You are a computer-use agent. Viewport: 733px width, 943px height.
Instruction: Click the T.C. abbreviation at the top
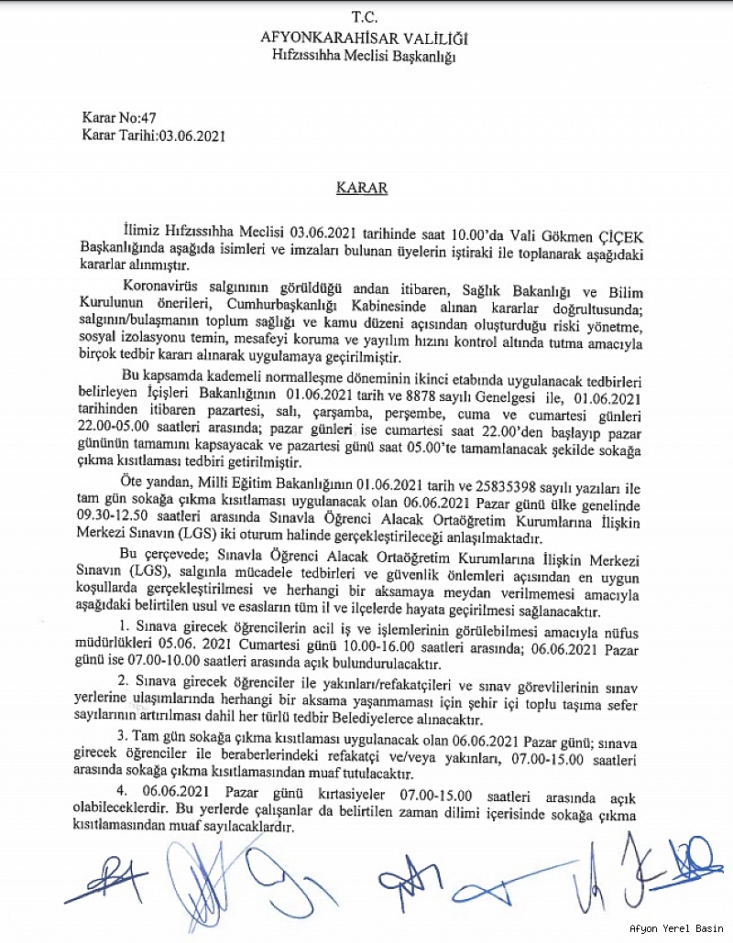(x=365, y=18)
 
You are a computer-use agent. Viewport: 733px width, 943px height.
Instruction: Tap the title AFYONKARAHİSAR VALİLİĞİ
(x=365, y=38)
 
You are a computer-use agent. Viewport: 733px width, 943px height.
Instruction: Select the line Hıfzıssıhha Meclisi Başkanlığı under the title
(x=365, y=56)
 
